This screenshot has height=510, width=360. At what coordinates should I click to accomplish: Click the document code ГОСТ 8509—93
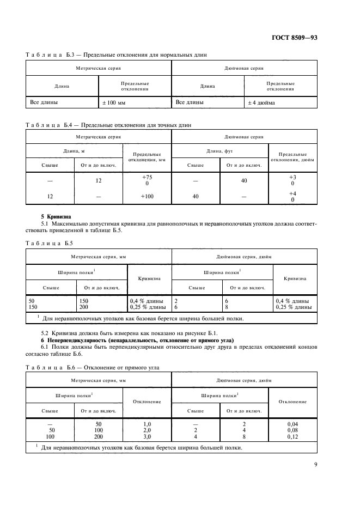pos(314,38)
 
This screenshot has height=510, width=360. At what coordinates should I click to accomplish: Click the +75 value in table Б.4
pos(147,178)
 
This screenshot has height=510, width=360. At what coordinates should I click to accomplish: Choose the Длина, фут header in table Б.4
pos(219,151)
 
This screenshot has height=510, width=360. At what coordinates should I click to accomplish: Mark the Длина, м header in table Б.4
pos(75,151)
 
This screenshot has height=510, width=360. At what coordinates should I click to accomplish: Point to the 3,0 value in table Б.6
pos(147,436)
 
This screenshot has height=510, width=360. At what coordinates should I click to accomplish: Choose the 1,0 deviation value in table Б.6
pos(147,423)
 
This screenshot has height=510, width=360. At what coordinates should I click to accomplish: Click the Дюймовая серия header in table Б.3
pos(244,69)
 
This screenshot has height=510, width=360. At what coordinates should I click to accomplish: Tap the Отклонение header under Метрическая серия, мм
pos(147,401)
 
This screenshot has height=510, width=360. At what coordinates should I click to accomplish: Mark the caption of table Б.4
pos(109,125)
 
